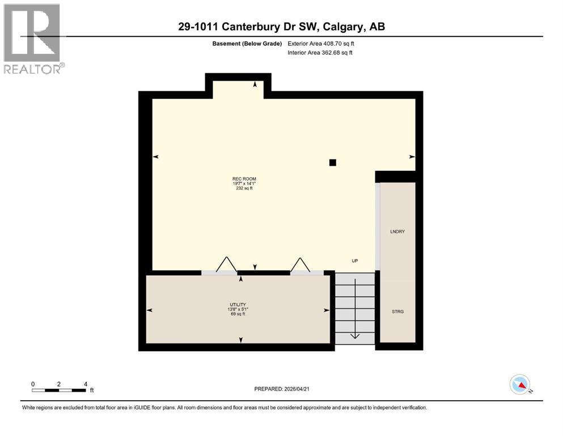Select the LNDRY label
tap(397, 232)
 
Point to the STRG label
tap(397, 311)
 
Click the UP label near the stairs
tap(354, 261)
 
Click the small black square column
tap(333, 162)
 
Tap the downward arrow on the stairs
tap(354, 334)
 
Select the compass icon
tap(520, 384)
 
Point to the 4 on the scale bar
tap(86, 384)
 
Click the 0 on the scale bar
tap(33, 384)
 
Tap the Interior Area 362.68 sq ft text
tap(320, 53)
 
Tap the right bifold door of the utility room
tap(300, 265)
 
